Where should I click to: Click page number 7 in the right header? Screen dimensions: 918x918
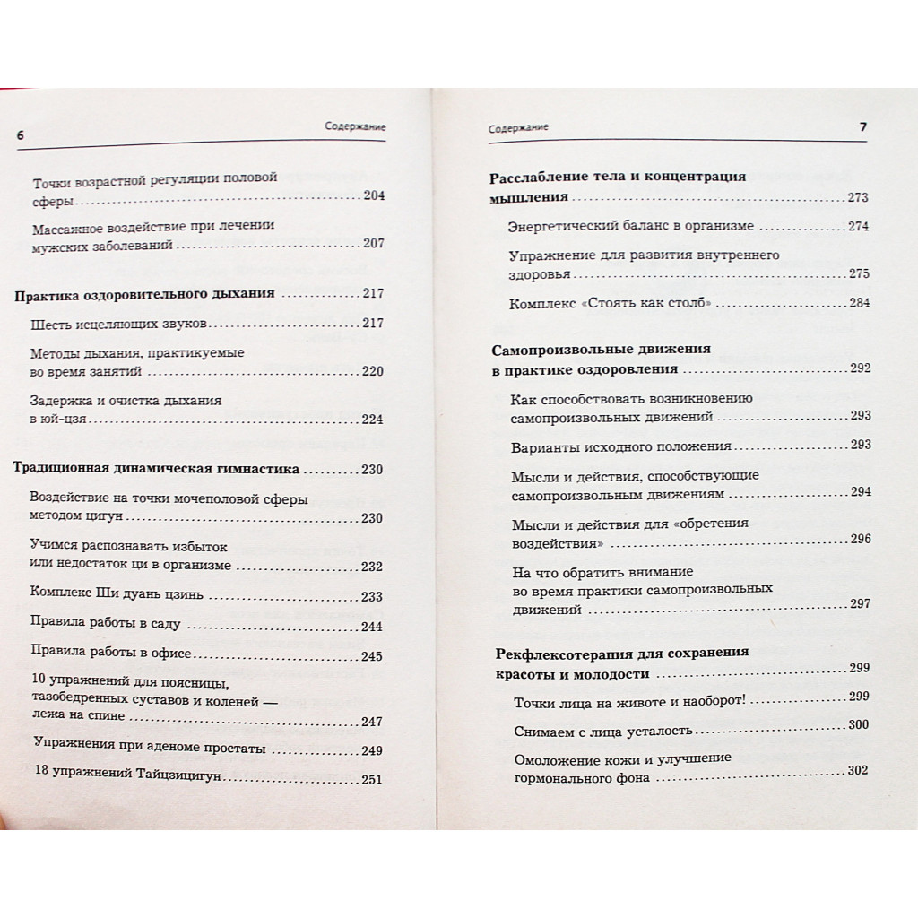coord(862,127)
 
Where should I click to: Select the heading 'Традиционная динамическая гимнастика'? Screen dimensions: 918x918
coord(158,469)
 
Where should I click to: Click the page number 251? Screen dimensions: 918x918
coord(371,779)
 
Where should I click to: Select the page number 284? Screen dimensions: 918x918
coord(859,303)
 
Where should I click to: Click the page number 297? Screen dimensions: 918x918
coord(859,603)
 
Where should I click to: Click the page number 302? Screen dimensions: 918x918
coord(859,771)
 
